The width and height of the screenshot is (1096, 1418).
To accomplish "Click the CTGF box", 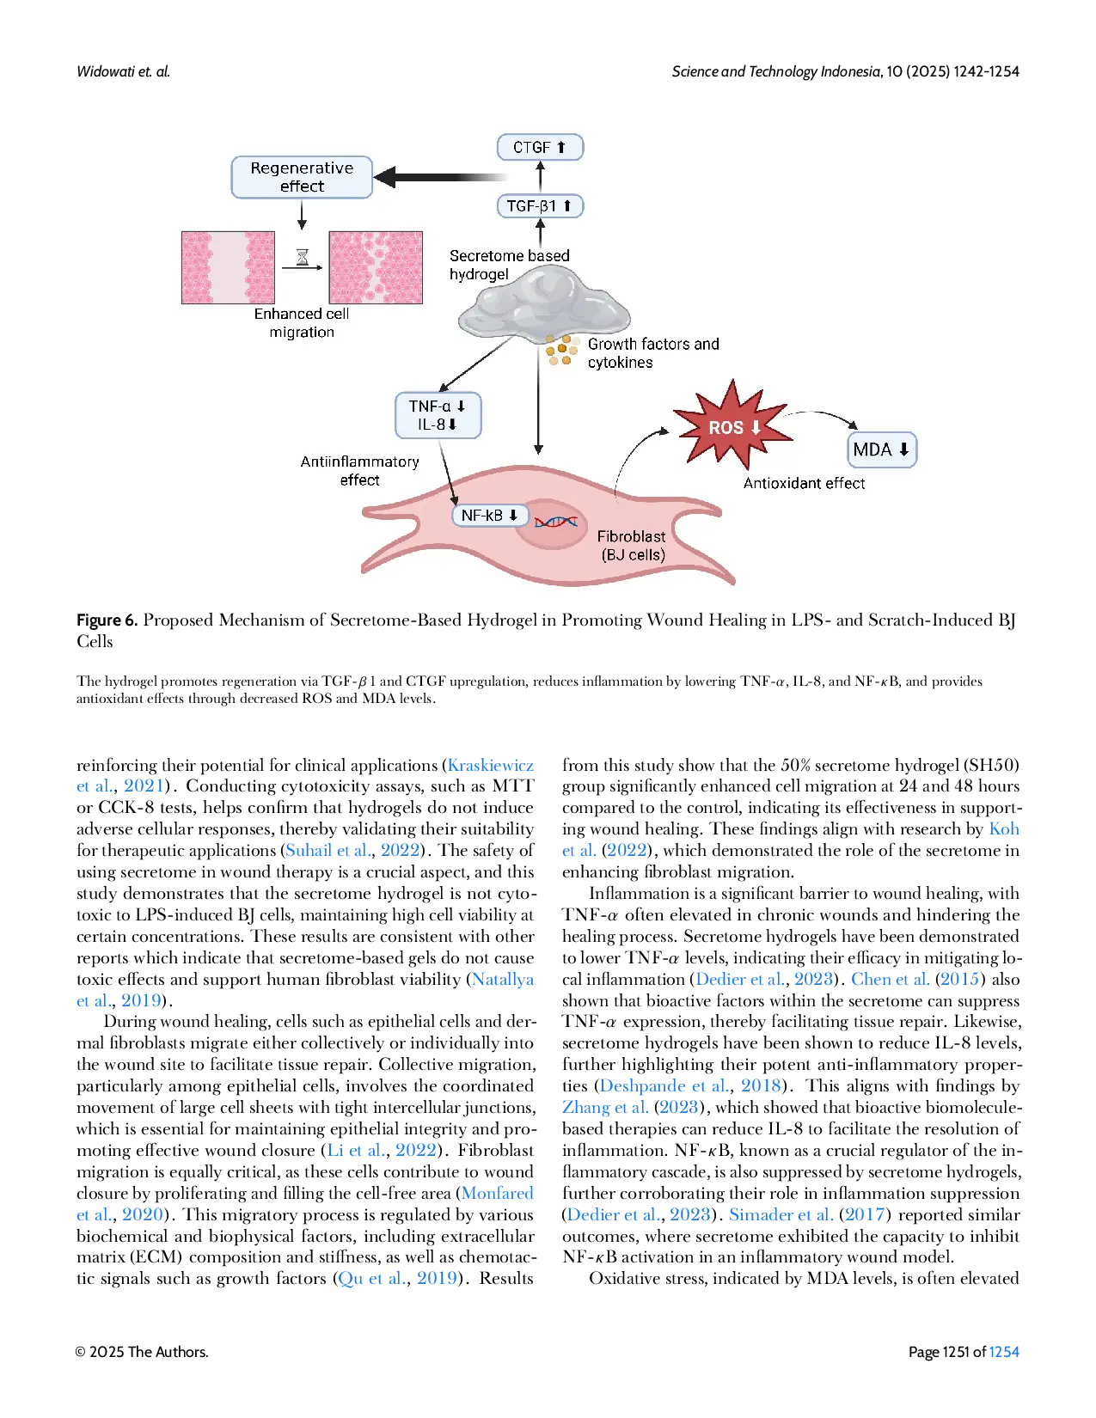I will (x=540, y=147).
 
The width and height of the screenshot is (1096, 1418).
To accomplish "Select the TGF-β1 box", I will (x=540, y=206).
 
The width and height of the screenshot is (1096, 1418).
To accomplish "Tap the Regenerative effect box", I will (x=302, y=177).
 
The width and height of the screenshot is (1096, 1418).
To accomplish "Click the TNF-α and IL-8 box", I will (x=438, y=415).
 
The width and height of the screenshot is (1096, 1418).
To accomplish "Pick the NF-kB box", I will (x=489, y=515).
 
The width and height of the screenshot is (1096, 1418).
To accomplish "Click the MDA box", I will (x=881, y=449).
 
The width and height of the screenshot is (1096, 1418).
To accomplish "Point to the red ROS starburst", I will (x=732, y=426).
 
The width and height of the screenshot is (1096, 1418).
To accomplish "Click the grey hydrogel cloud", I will (x=543, y=304).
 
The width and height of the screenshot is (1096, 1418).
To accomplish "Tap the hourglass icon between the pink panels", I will (x=303, y=257).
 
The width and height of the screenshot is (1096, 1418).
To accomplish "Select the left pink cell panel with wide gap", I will (x=228, y=267).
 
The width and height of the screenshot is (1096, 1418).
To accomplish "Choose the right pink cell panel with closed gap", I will (x=376, y=267).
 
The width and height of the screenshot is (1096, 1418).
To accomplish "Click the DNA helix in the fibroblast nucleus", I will (x=555, y=522).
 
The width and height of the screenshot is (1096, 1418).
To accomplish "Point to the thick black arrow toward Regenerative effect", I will (x=438, y=177).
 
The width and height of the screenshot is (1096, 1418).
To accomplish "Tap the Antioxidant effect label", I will (x=804, y=483).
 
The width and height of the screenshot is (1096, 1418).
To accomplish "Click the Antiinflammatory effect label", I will (x=359, y=471).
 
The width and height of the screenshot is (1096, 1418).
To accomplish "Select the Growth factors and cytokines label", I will (x=652, y=353).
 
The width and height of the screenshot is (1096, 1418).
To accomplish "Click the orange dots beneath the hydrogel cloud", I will (x=560, y=350).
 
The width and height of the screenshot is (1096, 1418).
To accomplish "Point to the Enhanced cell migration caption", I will (x=302, y=323).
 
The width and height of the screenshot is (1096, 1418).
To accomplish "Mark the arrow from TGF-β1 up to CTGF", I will (x=540, y=176).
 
